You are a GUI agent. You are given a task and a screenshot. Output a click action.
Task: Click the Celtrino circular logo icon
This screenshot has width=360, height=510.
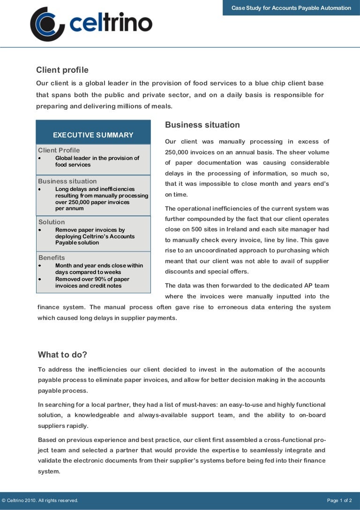pyautogui.click(x=47, y=24)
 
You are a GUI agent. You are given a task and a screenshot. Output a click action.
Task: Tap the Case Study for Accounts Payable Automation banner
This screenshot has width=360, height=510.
pyautogui.click(x=291, y=8)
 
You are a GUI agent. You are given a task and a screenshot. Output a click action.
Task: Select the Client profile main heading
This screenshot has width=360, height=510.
pyautogui.click(x=62, y=70)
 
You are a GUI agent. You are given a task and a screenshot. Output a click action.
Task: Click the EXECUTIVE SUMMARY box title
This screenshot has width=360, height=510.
pyautogui.click(x=93, y=135)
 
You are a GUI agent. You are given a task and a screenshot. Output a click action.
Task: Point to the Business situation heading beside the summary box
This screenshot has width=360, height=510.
pyautogui.click(x=202, y=125)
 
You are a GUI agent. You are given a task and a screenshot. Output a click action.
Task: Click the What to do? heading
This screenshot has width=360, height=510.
pyautogui.click(x=62, y=355)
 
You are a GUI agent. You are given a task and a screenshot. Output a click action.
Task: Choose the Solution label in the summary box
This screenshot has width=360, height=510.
pyautogui.click(x=52, y=222)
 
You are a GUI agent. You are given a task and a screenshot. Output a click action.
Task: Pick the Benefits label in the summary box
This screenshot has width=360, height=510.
pyautogui.click(x=52, y=258)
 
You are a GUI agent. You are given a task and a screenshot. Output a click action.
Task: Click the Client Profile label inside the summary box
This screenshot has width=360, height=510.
pyautogui.click(x=59, y=150)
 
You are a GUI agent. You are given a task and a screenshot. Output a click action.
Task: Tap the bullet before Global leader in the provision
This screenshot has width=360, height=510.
pyautogui.click(x=40, y=159)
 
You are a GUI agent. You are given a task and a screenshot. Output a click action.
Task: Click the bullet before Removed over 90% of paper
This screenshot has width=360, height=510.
pyautogui.click(x=40, y=279)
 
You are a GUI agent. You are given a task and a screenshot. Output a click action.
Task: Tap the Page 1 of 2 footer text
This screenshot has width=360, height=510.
pyautogui.click(x=339, y=501)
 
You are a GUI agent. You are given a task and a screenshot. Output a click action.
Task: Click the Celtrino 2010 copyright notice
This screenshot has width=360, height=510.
pyautogui.click(x=40, y=501)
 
